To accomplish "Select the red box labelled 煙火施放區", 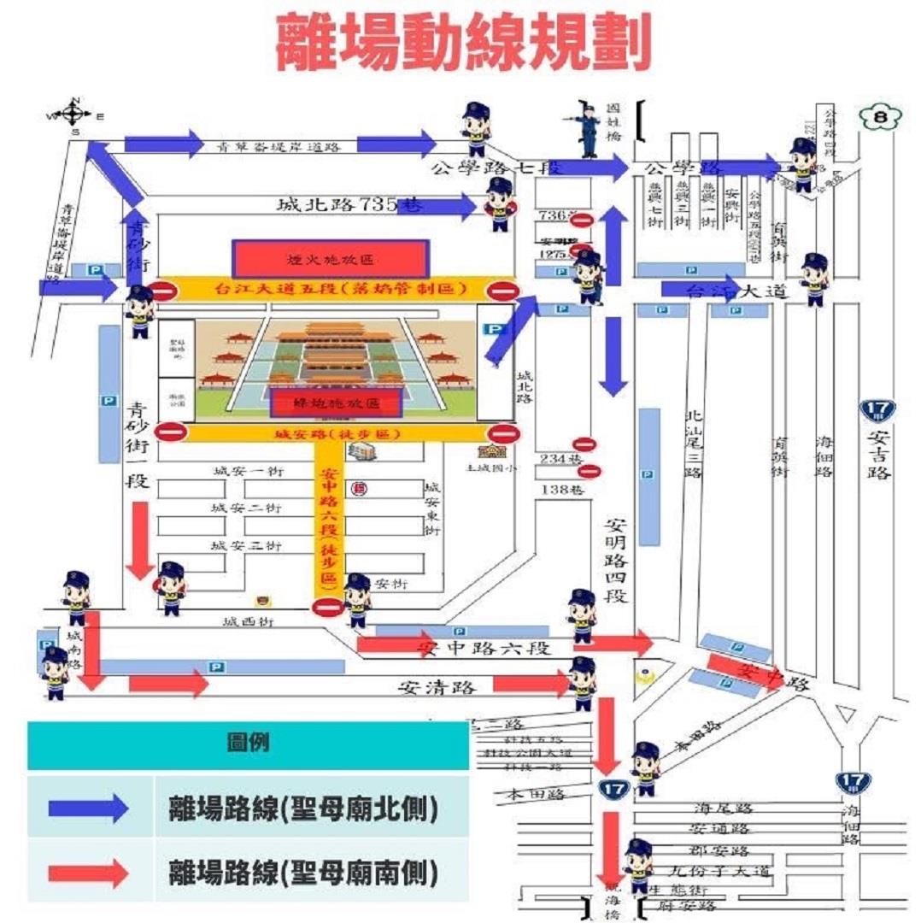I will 330,258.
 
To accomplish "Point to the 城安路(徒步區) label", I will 337,434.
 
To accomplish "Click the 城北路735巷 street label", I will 350,205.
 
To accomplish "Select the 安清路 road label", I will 436,685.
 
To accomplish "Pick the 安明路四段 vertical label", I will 616,561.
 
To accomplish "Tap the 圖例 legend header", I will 248,742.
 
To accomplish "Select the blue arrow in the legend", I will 89,807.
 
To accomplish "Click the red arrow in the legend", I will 89,872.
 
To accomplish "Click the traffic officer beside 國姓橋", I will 588,130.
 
